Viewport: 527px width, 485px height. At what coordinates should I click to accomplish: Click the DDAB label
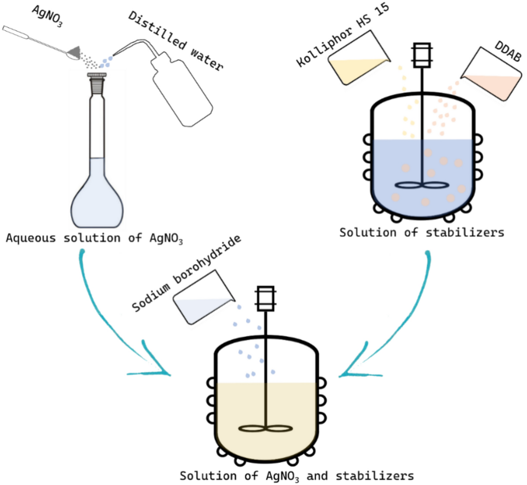click(508, 52)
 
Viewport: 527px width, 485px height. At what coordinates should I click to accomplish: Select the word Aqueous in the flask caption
click(31, 238)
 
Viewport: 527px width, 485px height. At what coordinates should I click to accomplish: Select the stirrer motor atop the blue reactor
click(422, 55)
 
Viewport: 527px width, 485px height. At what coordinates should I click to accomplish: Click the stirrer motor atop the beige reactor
click(266, 298)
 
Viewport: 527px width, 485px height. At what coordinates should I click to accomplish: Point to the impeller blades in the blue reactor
click(422, 185)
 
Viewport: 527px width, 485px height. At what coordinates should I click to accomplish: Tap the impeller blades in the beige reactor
click(266, 429)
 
